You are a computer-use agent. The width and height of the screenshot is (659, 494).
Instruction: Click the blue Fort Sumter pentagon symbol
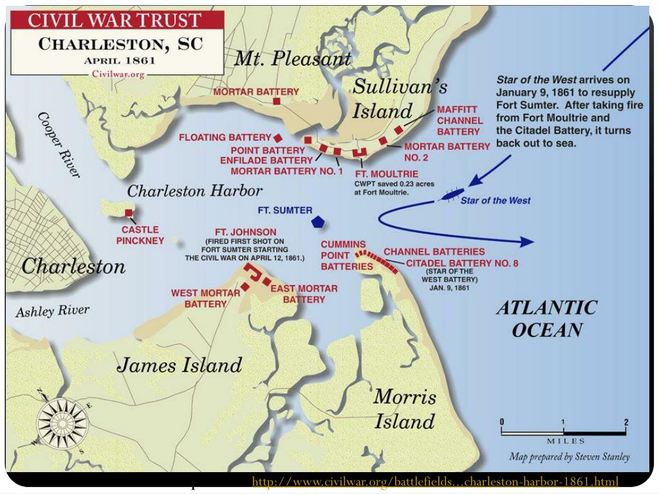pos(317,222)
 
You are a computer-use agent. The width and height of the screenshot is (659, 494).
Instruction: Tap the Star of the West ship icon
pos(451,194)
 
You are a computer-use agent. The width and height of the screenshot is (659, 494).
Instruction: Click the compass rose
pos(62,423)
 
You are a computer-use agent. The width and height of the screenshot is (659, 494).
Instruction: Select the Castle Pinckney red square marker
pos(129,213)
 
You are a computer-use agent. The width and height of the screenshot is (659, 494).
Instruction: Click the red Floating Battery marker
pos(278,138)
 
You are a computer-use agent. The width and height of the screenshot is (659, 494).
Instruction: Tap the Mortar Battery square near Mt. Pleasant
pos(276,102)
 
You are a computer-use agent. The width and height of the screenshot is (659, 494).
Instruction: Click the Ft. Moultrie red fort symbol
pos(359,153)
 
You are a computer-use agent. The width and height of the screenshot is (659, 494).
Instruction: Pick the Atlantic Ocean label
pos(546,319)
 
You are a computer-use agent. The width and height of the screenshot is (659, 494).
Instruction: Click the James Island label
pos(180,366)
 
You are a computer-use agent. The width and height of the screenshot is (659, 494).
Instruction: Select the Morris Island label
pos(405,409)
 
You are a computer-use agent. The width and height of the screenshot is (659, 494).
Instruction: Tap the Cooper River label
pos(59,145)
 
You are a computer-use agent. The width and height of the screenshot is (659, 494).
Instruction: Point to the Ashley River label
pos(52,312)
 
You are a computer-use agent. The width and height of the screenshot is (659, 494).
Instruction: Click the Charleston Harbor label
pos(195,191)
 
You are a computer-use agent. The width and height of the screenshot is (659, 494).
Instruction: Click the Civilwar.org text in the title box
pos(118,74)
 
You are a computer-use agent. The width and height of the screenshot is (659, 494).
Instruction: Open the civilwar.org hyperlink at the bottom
pos(435,482)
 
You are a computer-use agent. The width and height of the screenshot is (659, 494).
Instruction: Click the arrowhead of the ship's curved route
pos(526,242)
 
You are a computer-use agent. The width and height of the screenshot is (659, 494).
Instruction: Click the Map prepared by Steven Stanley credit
pos(570,457)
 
